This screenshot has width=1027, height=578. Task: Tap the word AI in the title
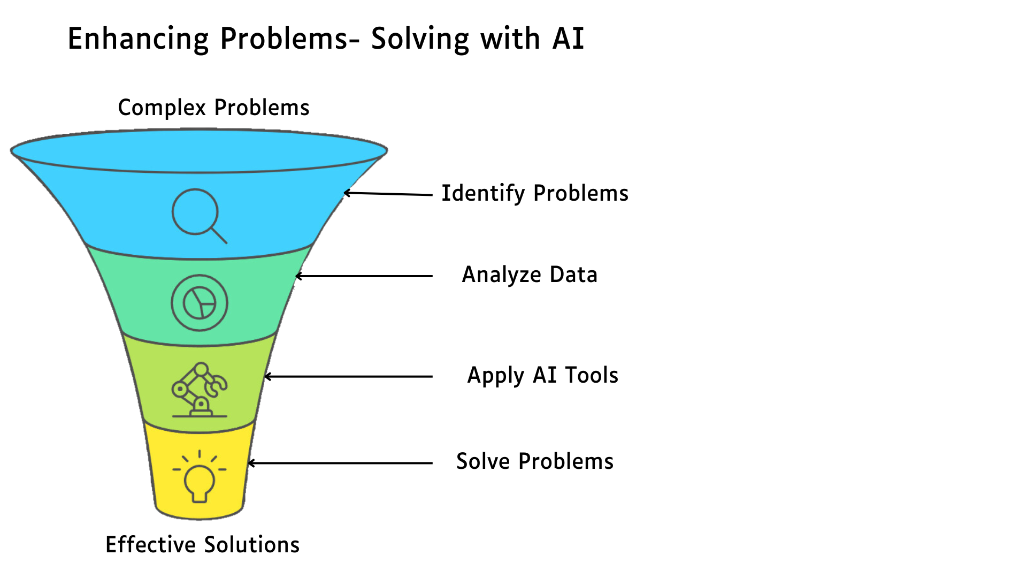tap(568, 39)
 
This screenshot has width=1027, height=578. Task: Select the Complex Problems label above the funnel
tap(213, 108)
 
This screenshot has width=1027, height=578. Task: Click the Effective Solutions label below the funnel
tap(202, 545)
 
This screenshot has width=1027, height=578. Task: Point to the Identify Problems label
tap(535, 194)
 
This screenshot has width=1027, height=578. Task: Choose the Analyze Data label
tap(530, 275)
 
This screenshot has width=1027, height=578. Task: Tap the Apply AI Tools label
tap(543, 376)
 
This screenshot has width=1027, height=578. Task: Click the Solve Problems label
tap(535, 461)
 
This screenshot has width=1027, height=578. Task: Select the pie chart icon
tap(200, 303)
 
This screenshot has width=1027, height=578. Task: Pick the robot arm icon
tap(200, 390)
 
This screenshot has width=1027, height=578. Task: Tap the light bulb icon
tap(200, 476)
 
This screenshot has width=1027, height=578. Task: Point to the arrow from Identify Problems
tap(388, 194)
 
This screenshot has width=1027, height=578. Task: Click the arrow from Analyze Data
tap(364, 276)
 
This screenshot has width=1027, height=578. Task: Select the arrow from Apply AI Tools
tap(348, 377)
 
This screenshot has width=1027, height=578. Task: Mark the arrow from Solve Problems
tap(340, 463)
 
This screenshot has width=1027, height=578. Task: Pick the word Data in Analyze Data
tap(573, 275)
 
